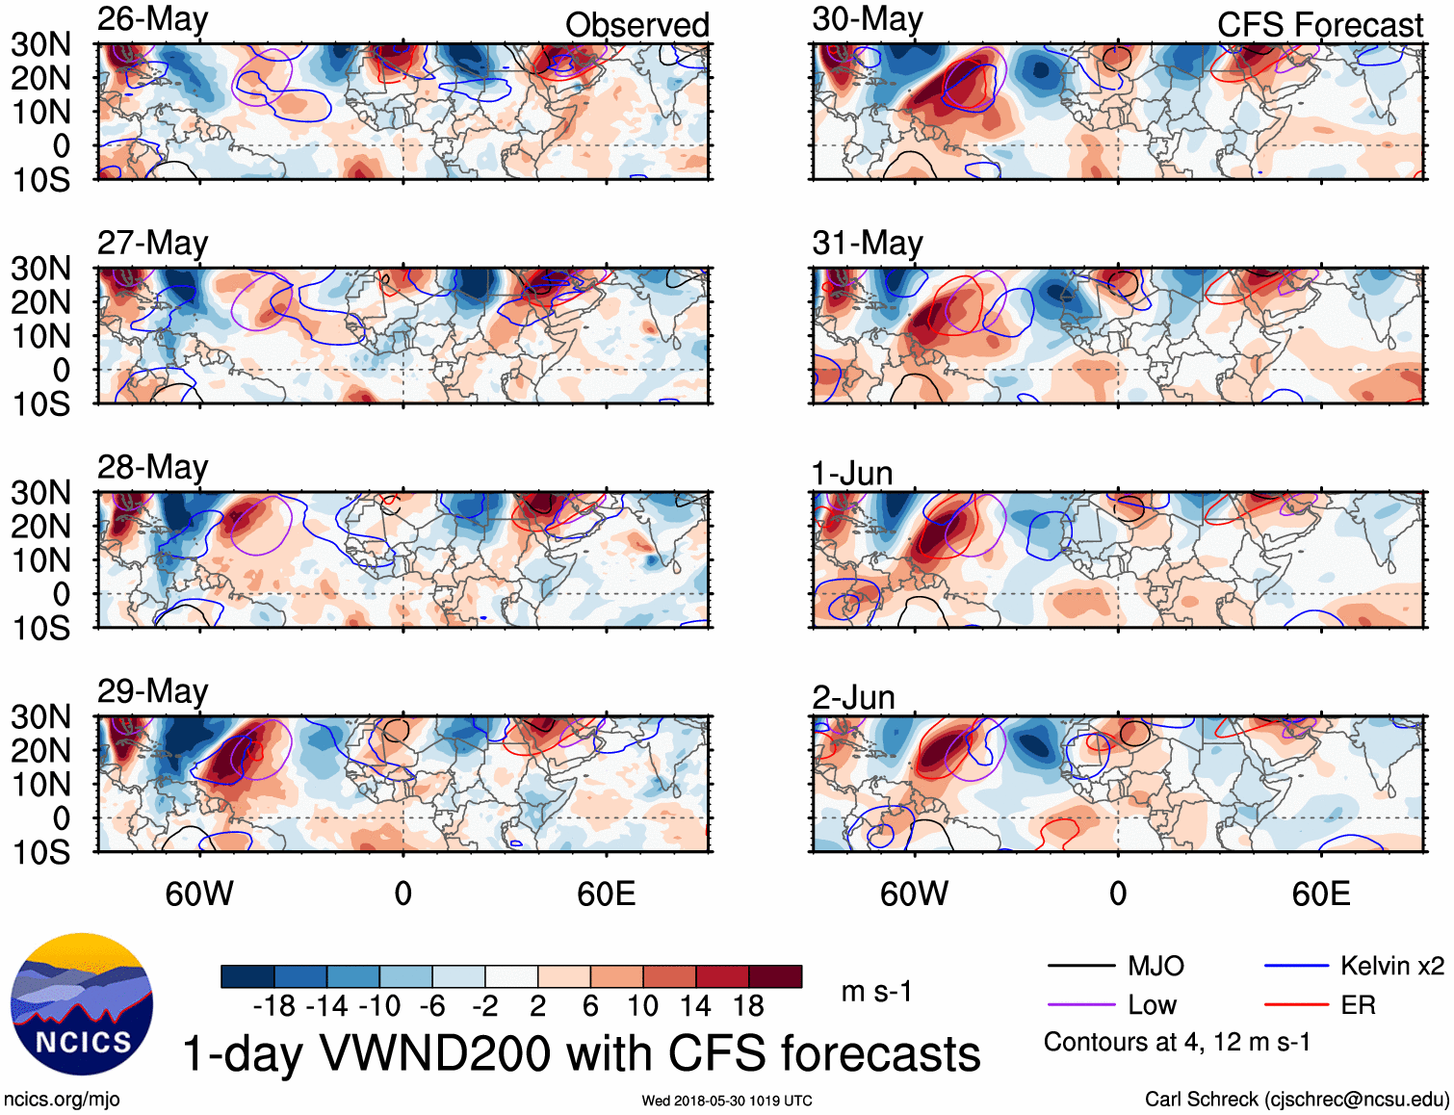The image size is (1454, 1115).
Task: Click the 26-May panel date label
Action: pos(152,19)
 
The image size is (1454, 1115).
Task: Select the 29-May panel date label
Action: pos(152,691)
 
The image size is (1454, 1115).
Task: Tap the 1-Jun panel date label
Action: pos(852,474)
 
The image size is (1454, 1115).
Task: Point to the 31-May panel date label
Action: pos(867,243)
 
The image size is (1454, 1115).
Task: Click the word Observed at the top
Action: pos(636,25)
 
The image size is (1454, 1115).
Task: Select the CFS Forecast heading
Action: pos(1319,25)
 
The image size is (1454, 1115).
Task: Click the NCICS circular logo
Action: pos(82,1004)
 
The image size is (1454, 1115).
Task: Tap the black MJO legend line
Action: pos(1080,966)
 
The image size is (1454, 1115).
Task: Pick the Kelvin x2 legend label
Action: pos(1391,966)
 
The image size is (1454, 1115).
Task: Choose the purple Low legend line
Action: pos(1080,1005)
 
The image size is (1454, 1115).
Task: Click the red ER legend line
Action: pos(1296,1005)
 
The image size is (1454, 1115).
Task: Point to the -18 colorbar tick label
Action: pos(274,1006)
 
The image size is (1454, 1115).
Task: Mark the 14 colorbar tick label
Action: pos(695,1006)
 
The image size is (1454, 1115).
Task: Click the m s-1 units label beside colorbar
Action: pos(876,992)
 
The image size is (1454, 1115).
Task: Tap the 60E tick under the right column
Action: pos(1320,894)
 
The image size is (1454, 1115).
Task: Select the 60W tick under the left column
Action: pos(199,894)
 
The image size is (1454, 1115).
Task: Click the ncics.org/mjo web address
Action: pos(62,1099)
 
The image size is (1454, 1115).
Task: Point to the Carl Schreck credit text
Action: pos(1296,1099)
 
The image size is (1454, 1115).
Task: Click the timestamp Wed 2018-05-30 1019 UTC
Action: pos(727,1101)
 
